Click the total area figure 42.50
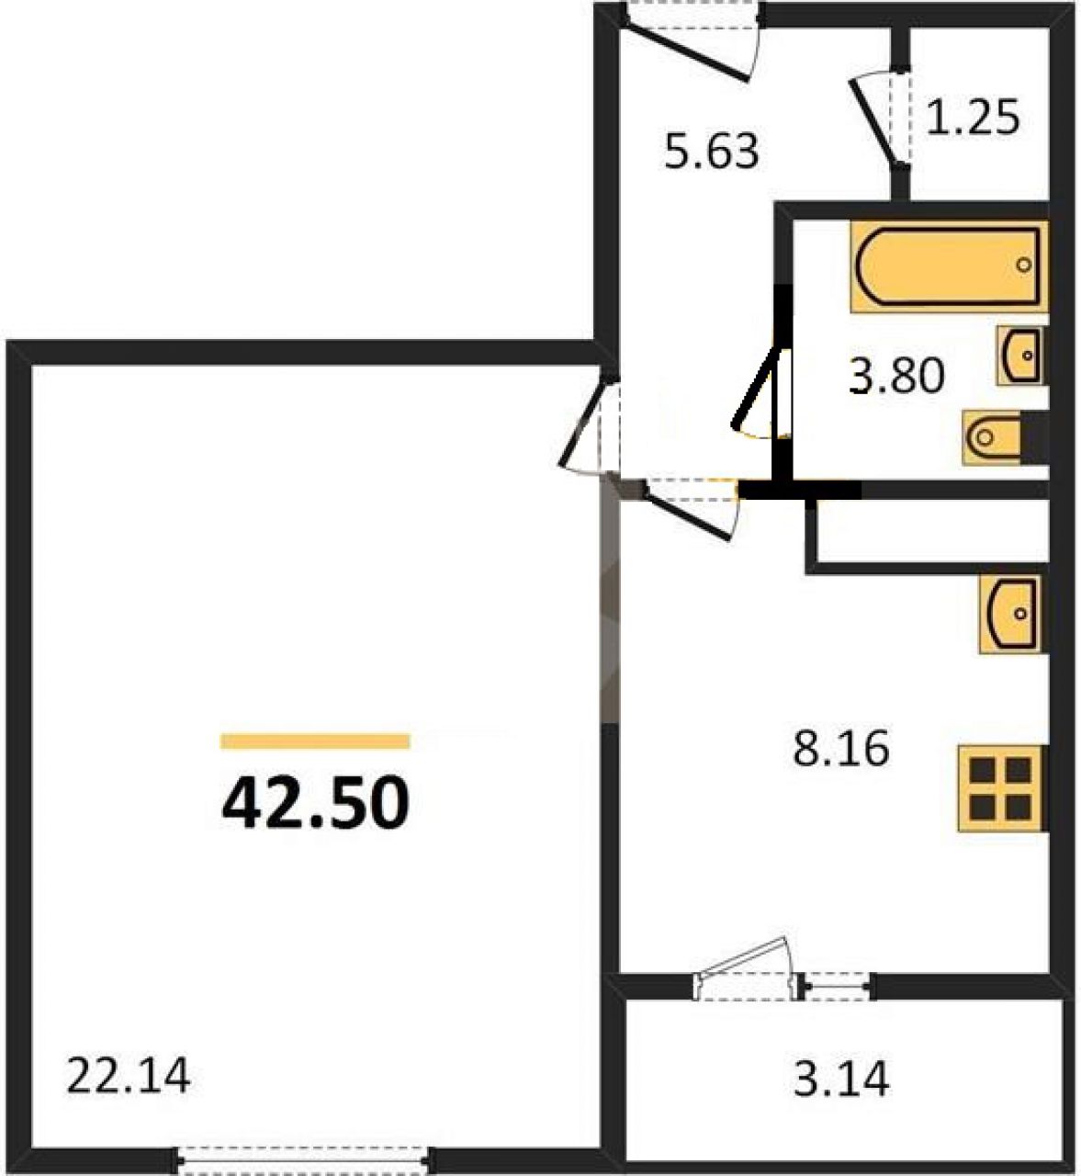[x=315, y=801]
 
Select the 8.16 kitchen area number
[x=841, y=750]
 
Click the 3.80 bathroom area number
[x=897, y=376]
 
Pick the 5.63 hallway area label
[x=712, y=151]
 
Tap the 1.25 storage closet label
[x=974, y=118]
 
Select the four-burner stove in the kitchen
[x=1002, y=788]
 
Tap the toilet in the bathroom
[x=1005, y=437]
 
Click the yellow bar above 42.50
[x=315, y=741]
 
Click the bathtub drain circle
[x=1024, y=266]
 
